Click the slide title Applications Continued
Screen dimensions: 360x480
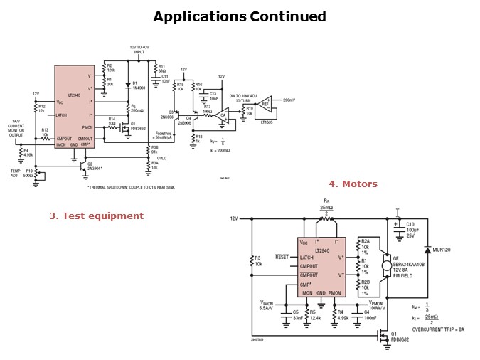click(240, 16)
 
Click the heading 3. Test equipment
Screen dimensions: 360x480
click(96, 216)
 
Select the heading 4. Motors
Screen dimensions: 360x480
click(353, 184)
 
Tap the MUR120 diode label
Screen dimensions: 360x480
click(442, 250)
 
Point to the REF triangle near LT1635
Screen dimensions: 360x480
click(266, 103)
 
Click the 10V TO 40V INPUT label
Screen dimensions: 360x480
click(139, 50)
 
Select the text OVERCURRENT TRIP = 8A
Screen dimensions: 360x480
click(437, 329)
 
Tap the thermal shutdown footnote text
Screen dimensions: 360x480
click(130, 187)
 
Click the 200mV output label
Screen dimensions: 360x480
click(289, 100)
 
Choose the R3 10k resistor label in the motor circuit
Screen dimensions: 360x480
click(258, 260)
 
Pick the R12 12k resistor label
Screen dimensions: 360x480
click(41, 109)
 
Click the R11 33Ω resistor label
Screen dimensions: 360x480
click(162, 68)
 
